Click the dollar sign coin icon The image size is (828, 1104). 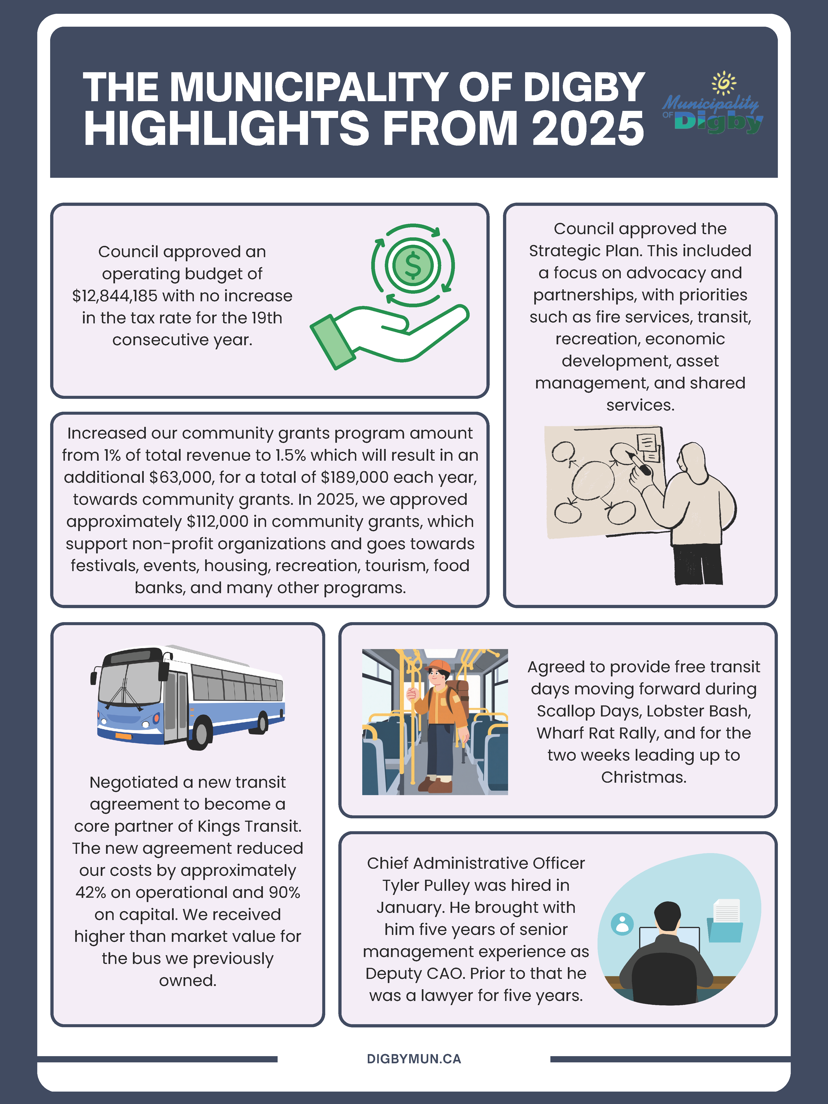coord(413,264)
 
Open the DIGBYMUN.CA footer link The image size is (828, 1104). coord(414,1059)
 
